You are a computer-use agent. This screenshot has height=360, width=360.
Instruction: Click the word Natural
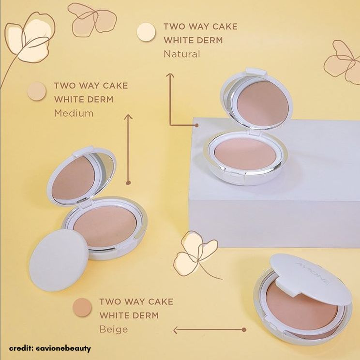[181, 54]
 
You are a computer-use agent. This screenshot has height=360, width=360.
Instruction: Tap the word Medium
[74, 113]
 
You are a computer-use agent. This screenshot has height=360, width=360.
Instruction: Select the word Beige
[114, 330]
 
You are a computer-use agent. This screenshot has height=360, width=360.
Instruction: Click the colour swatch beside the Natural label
[146, 32]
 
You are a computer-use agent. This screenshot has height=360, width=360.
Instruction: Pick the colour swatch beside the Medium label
[36, 91]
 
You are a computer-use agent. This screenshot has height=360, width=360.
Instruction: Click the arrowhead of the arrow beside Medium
[128, 117]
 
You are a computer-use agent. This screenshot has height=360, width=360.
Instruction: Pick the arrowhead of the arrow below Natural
[170, 75]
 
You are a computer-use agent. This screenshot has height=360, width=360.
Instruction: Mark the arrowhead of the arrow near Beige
[176, 330]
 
